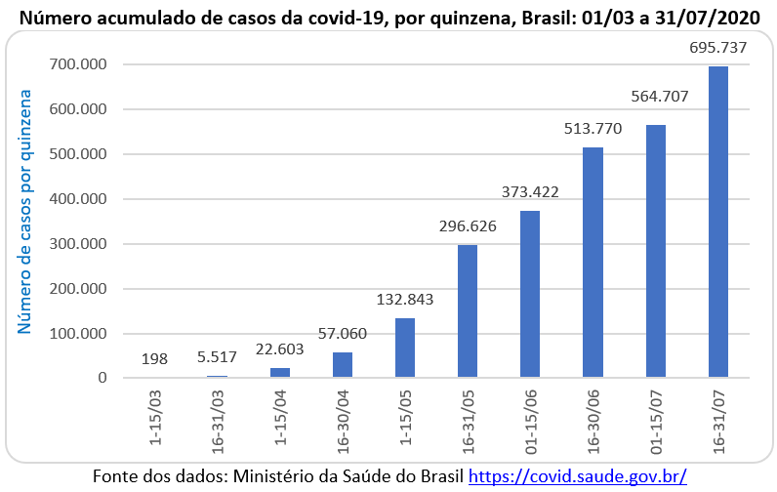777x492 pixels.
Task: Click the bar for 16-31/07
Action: [717, 222]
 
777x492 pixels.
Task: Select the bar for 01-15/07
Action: [655, 251]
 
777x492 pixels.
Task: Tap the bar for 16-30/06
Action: [593, 262]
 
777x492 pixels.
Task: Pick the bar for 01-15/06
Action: [530, 294]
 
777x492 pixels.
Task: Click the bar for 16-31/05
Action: [468, 310]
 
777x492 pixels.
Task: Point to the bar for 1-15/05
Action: [405, 348]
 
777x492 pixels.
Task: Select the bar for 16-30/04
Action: [343, 364]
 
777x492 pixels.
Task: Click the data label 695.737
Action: [719, 48]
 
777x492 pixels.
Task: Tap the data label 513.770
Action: [593, 128]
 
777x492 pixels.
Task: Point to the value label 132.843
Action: [405, 299]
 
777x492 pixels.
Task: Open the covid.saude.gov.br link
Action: [578, 477]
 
